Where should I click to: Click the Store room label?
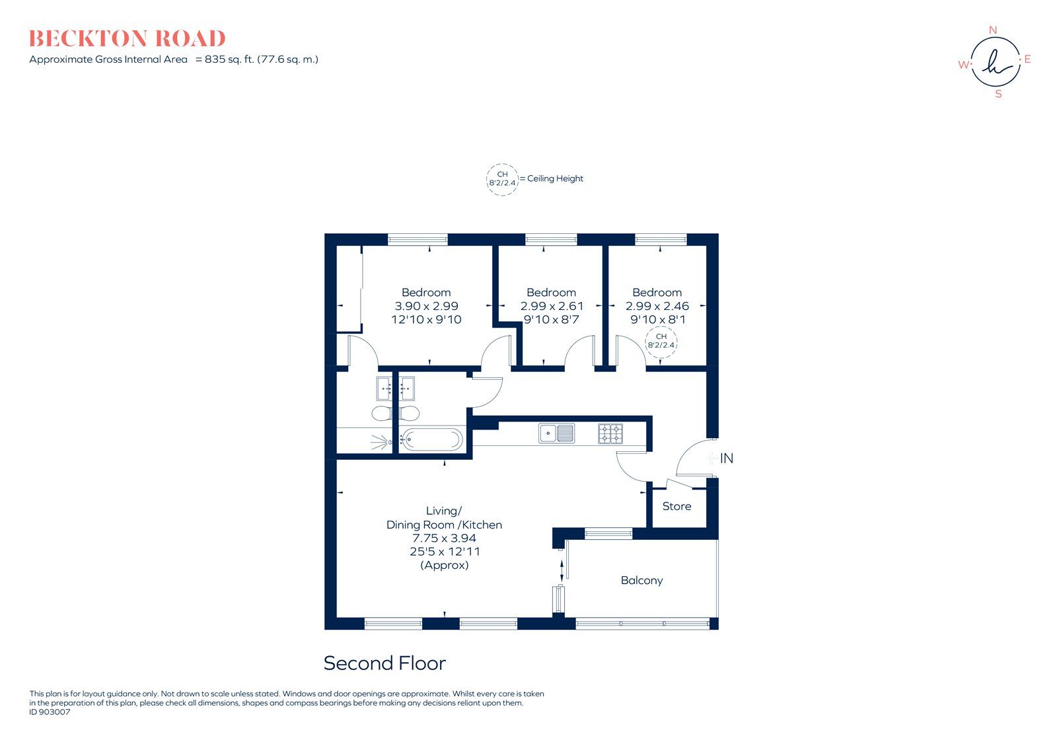click(676, 506)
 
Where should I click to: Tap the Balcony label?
click(641, 580)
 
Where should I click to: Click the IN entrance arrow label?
click(726, 458)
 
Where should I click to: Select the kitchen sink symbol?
click(556, 433)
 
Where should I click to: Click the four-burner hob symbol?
click(610, 433)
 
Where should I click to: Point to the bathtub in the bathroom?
click(431, 439)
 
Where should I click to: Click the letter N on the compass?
click(992, 30)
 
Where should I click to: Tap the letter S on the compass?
click(998, 94)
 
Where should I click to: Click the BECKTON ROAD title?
click(127, 38)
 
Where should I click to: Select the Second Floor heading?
click(384, 663)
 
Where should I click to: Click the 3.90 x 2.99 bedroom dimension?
click(426, 306)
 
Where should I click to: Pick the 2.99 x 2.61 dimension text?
click(552, 306)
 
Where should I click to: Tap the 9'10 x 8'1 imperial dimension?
click(657, 320)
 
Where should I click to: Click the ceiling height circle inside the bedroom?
click(661, 341)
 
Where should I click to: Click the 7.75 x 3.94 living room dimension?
click(444, 538)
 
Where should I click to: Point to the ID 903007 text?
click(50, 712)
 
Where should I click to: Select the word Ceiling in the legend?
click(541, 178)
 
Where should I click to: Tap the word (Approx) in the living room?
click(444, 565)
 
